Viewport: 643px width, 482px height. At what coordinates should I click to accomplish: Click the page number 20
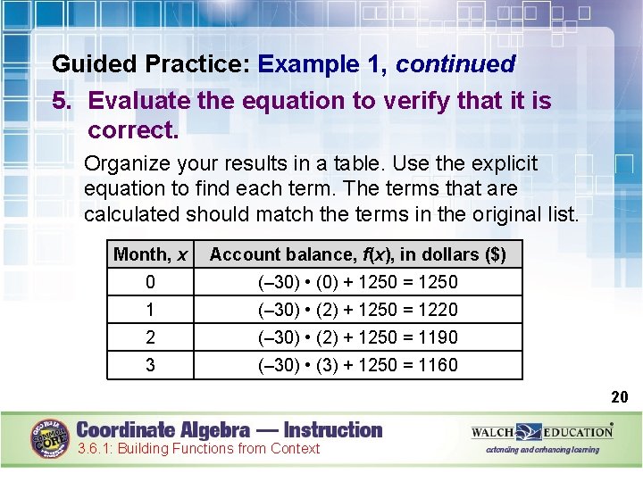tap(620, 397)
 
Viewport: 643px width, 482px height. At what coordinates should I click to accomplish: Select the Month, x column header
tap(151, 254)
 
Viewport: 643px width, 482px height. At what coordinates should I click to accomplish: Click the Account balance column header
tap(357, 254)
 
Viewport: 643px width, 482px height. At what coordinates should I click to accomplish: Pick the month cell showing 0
tap(151, 282)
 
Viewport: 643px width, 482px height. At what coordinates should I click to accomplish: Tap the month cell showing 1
tap(151, 310)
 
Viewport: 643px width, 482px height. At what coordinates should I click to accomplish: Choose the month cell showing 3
tap(151, 365)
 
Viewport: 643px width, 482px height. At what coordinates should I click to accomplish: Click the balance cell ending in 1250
tap(357, 282)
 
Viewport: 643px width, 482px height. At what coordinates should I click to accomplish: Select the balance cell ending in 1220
tap(357, 310)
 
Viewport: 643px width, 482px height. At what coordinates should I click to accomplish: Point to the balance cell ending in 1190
tap(357, 337)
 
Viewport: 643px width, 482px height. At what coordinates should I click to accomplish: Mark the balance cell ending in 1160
tap(357, 365)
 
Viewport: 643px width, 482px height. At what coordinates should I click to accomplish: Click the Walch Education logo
tap(542, 432)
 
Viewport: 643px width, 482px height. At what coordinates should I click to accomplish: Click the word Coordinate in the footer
tap(128, 429)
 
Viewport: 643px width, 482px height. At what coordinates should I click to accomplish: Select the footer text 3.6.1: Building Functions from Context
tap(198, 449)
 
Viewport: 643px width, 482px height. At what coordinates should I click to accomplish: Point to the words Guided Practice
tap(151, 64)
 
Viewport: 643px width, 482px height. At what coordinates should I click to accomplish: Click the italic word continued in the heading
tap(455, 64)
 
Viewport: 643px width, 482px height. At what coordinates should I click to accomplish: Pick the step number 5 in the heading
tap(60, 101)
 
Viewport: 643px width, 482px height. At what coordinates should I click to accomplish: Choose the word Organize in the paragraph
tap(125, 164)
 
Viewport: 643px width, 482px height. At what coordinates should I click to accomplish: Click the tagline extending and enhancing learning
tap(543, 450)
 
